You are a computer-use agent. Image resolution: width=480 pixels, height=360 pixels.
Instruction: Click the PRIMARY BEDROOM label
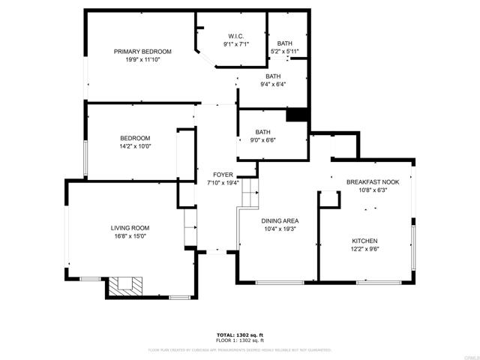point(142,52)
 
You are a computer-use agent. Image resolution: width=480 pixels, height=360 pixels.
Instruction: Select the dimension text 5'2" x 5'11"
point(285,52)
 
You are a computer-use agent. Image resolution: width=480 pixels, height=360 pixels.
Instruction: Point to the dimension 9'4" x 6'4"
point(273,84)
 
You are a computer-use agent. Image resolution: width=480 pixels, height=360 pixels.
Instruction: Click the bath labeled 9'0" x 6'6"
point(262,132)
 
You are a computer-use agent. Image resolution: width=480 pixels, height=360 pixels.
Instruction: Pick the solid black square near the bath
point(298,114)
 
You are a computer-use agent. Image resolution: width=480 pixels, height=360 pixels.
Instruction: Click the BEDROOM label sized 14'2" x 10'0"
point(136,138)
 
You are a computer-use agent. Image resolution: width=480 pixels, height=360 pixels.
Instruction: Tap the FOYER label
point(223,175)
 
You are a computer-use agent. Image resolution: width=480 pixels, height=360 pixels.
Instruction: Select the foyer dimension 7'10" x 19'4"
point(223,182)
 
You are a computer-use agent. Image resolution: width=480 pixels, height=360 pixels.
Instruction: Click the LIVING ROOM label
point(130,228)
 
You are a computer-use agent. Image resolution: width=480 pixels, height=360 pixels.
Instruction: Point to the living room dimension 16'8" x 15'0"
point(130,236)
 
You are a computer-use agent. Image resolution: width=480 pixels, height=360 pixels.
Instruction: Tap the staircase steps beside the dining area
point(249,197)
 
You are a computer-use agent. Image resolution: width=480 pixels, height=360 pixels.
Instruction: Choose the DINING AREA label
point(280,220)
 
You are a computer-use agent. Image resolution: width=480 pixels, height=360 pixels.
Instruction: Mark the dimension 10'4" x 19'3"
point(280,229)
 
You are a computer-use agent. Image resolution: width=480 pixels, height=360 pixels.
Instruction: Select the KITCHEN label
point(365,241)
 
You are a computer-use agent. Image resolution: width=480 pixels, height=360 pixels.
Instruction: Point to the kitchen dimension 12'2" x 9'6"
point(365,249)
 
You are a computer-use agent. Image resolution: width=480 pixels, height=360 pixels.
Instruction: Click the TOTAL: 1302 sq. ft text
point(240,334)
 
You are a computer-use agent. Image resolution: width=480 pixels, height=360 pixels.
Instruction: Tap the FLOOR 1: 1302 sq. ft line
point(240,340)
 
